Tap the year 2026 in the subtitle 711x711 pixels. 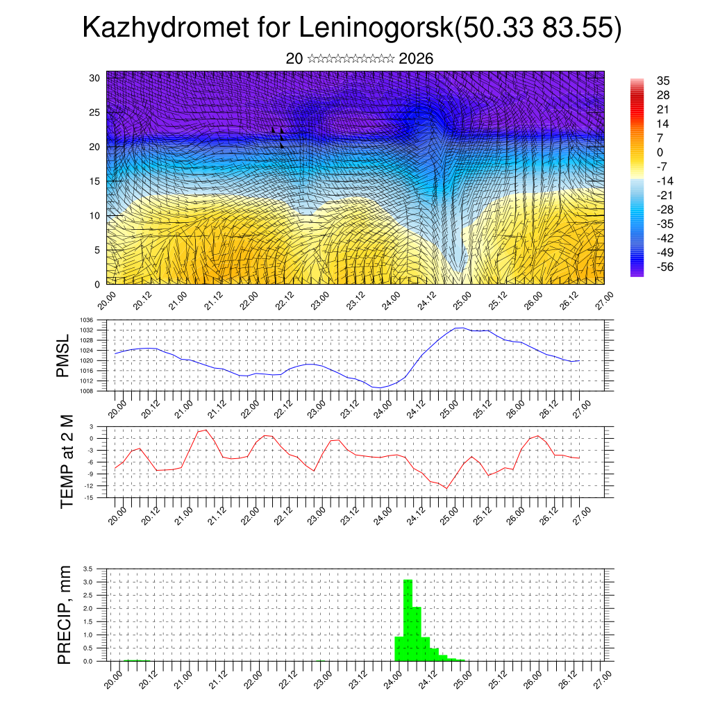coord(416,59)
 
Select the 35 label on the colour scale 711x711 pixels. coord(663,81)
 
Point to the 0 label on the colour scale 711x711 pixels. coord(660,153)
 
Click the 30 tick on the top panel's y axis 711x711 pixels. coord(96,78)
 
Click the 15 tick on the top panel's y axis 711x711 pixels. coord(96,181)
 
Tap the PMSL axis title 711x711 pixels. coord(64,355)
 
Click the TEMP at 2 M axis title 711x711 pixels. coord(67,462)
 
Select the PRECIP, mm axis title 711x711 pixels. coord(65,614)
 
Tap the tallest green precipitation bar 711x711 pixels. coord(408,618)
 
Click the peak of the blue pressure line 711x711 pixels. coord(460,328)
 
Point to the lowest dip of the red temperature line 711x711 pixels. coord(446,488)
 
